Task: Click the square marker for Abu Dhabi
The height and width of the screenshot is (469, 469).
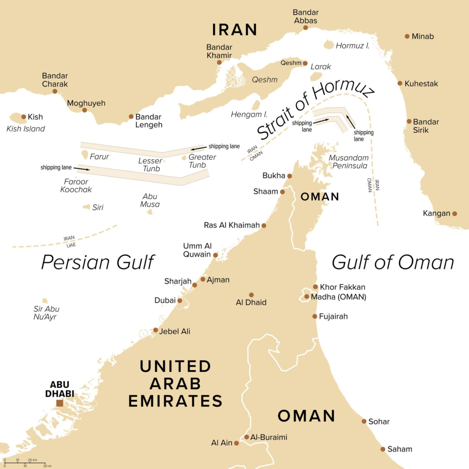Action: pyautogui.click(x=60, y=403)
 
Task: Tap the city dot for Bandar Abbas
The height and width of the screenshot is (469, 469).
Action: pyautogui.click(x=305, y=27)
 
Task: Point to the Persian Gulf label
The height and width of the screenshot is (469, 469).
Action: pyautogui.click(x=98, y=262)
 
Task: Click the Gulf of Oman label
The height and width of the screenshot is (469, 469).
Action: pyautogui.click(x=393, y=262)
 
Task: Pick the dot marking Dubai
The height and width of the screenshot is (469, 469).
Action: pyautogui.click(x=180, y=301)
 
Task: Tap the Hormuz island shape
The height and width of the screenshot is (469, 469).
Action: pyautogui.click(x=329, y=45)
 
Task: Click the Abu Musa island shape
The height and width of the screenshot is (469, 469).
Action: pyautogui.click(x=150, y=212)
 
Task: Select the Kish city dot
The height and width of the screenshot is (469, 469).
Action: pyautogui.click(x=24, y=117)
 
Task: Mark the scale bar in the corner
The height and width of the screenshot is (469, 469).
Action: pyautogui.click(x=25, y=463)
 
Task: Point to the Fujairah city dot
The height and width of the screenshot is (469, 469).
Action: pyautogui.click(x=315, y=316)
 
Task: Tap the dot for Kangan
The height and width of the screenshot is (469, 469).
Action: pyautogui.click(x=454, y=213)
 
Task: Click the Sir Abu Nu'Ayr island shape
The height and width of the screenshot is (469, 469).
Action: pyautogui.click(x=45, y=301)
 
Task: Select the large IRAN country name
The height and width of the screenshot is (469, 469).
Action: pyautogui.click(x=234, y=30)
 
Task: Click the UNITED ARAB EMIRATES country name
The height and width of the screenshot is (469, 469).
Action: pyautogui.click(x=175, y=383)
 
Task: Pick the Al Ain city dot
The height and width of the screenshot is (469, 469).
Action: pyautogui.click(x=236, y=443)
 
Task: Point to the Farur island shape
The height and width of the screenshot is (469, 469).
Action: pyautogui.click(x=84, y=154)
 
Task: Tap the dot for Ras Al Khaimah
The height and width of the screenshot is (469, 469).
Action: pyautogui.click(x=263, y=225)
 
